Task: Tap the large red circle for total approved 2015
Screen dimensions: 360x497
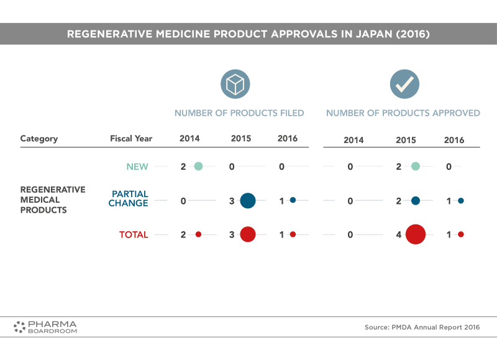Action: [x=415, y=234]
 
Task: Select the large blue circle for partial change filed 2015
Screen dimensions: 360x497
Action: [x=247, y=200]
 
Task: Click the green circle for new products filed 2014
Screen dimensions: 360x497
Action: [x=198, y=166]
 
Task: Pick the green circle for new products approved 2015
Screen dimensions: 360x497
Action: [x=416, y=166]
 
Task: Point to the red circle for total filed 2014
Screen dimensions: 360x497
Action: [x=198, y=234]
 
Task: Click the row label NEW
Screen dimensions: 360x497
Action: [x=137, y=167]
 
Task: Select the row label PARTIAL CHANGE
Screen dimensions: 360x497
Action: [x=130, y=198]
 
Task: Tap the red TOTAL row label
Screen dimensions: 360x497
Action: [x=134, y=234]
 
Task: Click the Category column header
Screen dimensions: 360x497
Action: [x=39, y=139]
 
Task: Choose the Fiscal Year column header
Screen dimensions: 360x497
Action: [x=131, y=139]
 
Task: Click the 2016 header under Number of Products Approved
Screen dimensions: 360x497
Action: [x=454, y=140]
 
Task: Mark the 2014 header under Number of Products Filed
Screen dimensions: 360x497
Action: [x=189, y=139]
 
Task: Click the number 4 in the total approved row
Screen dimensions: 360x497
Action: [x=399, y=234]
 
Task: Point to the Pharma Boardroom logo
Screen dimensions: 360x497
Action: [x=45, y=326]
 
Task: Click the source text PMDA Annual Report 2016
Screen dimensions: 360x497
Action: [x=422, y=327]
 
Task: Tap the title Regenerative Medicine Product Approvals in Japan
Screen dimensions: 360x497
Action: [x=248, y=34]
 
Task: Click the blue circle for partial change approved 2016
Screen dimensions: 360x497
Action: [x=461, y=200]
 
